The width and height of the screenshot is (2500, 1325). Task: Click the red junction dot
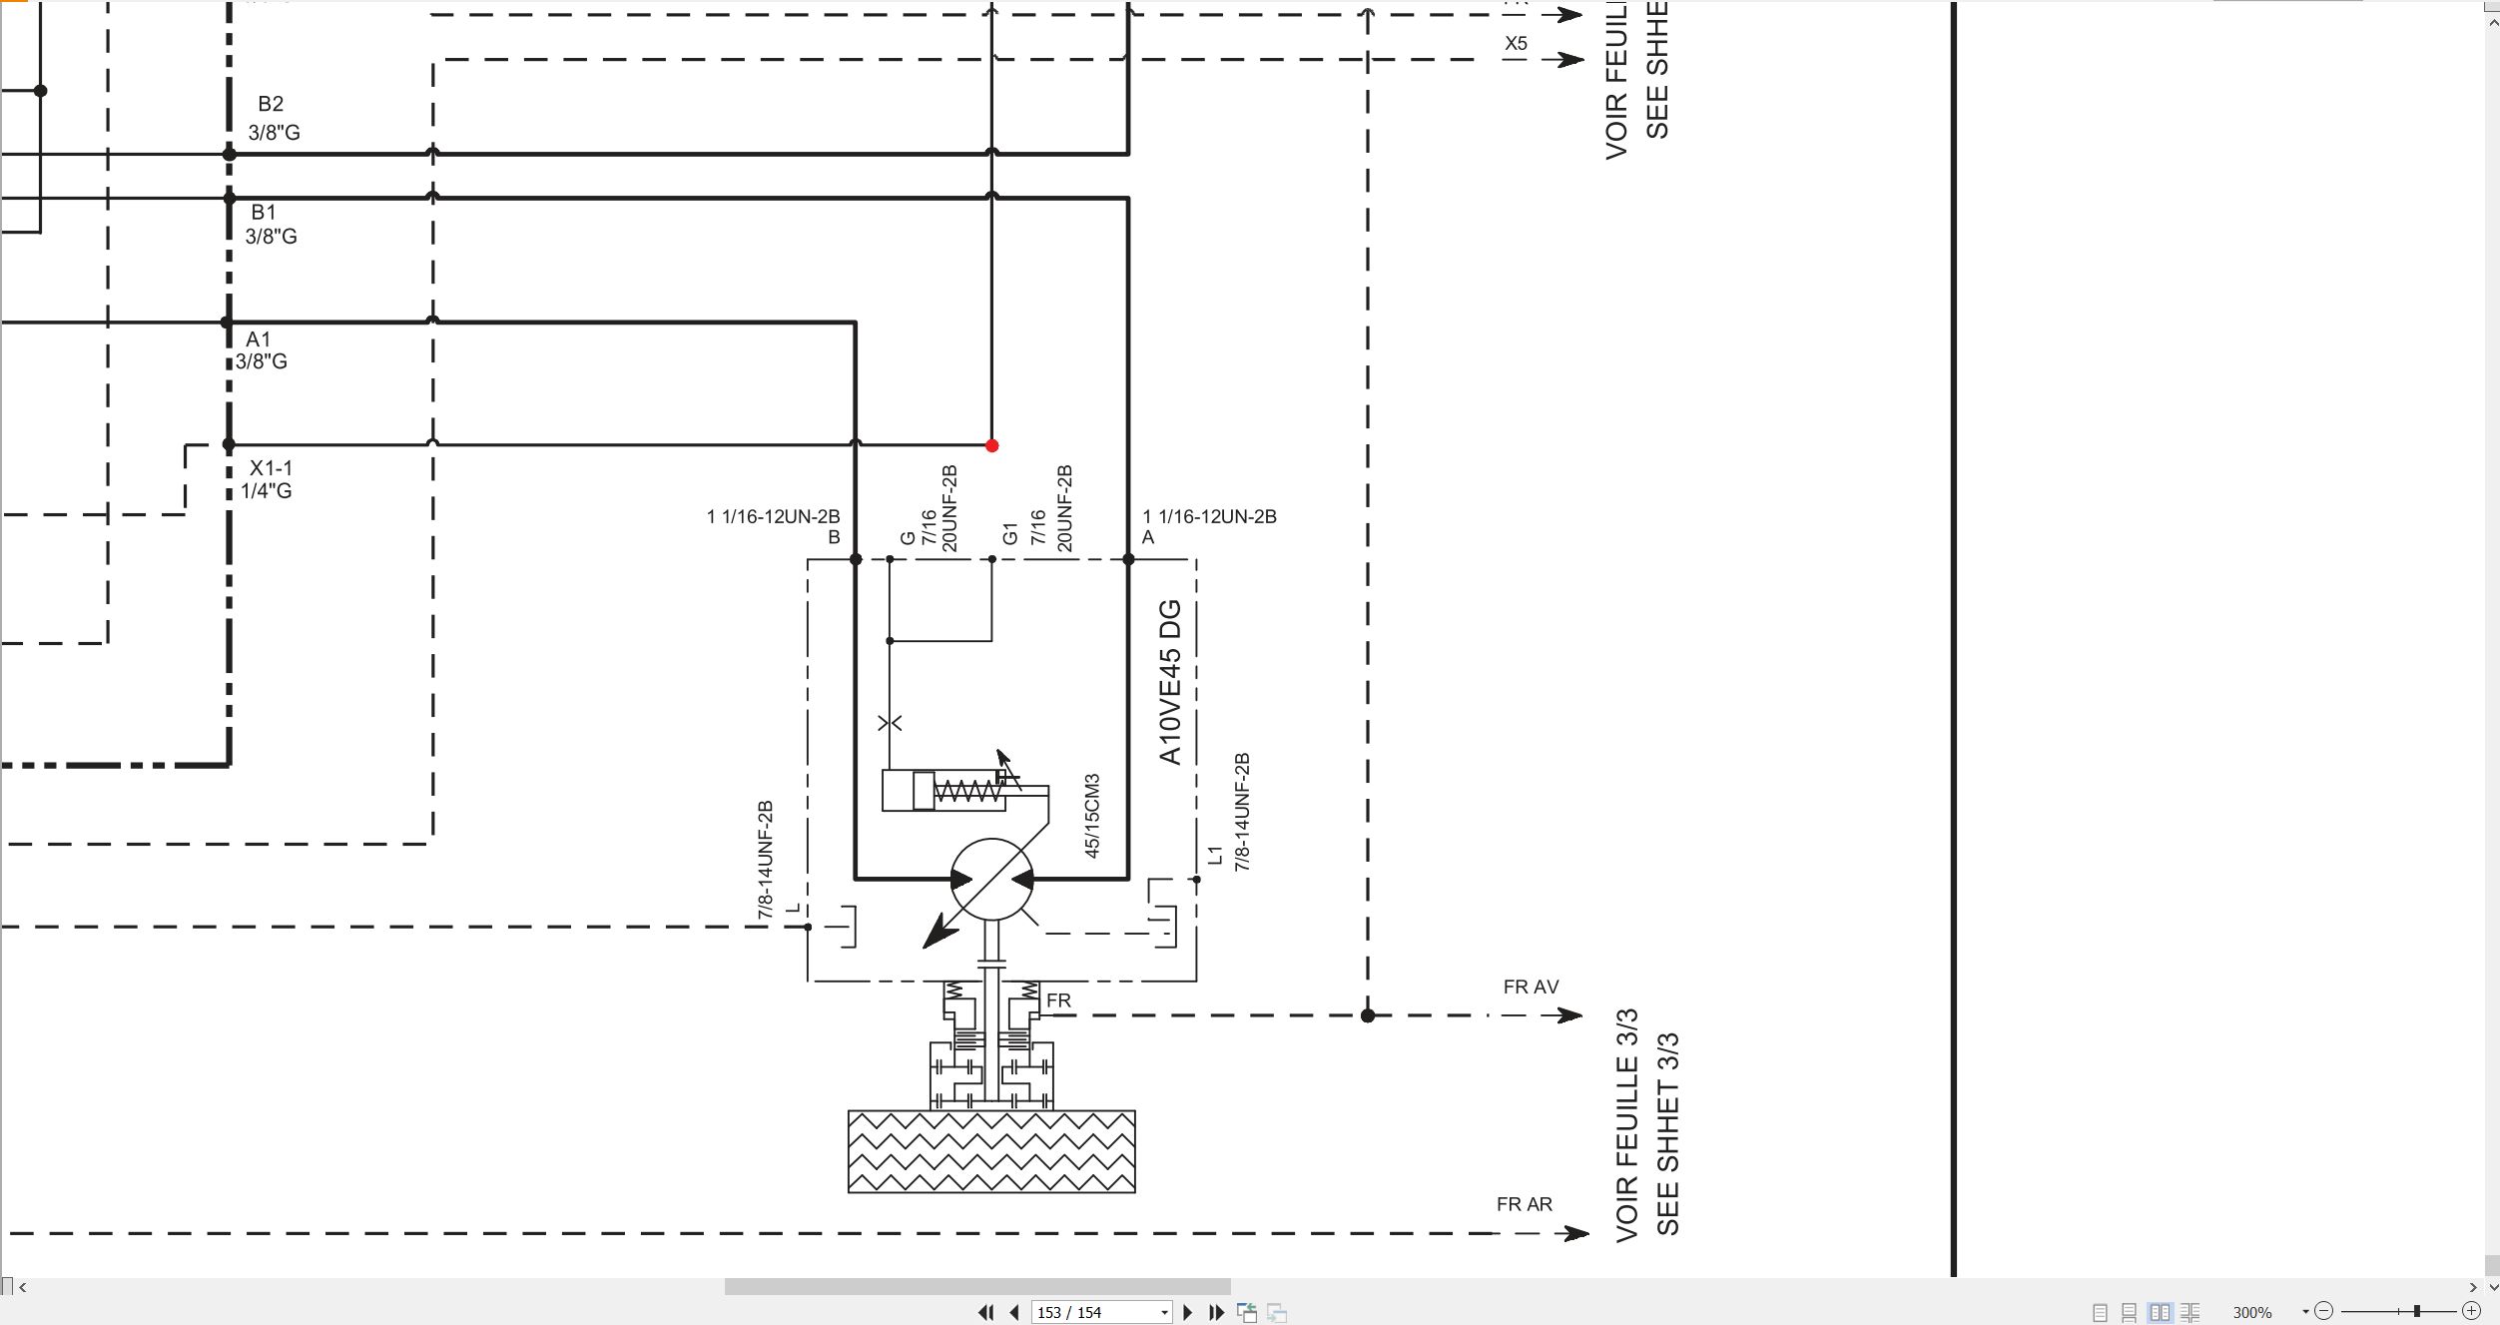coord(991,445)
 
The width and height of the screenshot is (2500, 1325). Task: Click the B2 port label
coord(271,104)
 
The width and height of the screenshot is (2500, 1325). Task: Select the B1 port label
coord(264,212)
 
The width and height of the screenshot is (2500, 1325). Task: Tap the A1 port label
coord(259,339)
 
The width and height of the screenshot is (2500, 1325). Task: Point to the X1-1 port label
coord(271,468)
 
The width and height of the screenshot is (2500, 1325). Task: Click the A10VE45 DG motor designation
coord(1170,682)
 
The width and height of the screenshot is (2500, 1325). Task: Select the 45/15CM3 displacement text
coord(1091,816)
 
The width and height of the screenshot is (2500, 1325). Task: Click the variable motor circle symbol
coord(991,880)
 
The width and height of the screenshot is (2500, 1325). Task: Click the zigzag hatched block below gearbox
coord(991,1151)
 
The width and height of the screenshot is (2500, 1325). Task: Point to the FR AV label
coord(1531,987)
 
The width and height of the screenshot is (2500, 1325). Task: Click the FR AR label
coord(1524,1204)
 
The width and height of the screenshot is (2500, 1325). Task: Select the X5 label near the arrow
coord(1516,44)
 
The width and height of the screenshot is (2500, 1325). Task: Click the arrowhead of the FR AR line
coord(1576,1233)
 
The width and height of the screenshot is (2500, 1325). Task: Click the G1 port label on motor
coord(1009,534)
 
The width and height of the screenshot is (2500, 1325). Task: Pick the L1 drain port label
coord(1215,855)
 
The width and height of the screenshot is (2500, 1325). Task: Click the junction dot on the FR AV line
coord(1368,1015)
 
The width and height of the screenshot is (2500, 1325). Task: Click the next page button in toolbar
coord(1188,1312)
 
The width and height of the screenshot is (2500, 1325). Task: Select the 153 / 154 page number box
coord(1101,1312)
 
